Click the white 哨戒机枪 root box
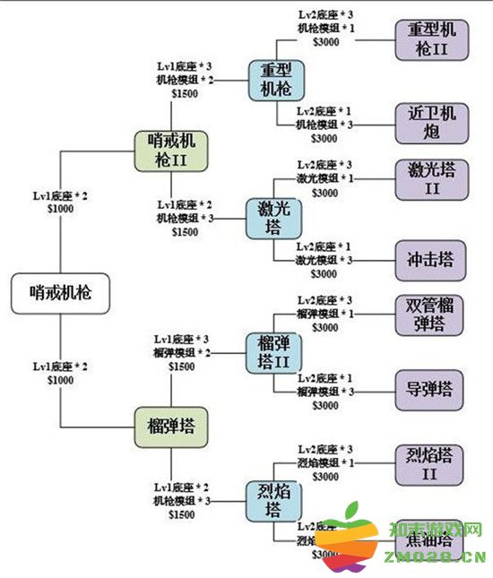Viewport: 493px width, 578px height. click(60, 292)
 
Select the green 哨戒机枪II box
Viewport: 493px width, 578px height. click(170, 151)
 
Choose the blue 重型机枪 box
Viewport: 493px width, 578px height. click(276, 79)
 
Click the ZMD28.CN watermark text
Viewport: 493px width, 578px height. click(429, 558)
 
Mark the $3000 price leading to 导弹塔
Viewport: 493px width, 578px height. click(324, 406)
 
